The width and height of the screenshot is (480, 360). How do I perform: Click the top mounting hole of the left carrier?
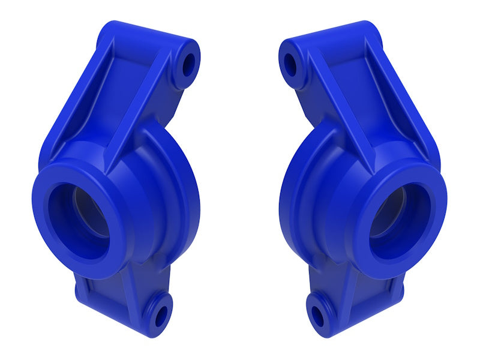pyautogui.click(x=188, y=64)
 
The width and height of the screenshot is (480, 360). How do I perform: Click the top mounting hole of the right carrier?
pyautogui.click(x=291, y=64)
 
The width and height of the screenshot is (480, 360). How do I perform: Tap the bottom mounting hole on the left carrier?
pyautogui.click(x=160, y=315)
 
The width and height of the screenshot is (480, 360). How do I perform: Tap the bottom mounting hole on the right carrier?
pyautogui.click(x=318, y=315)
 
